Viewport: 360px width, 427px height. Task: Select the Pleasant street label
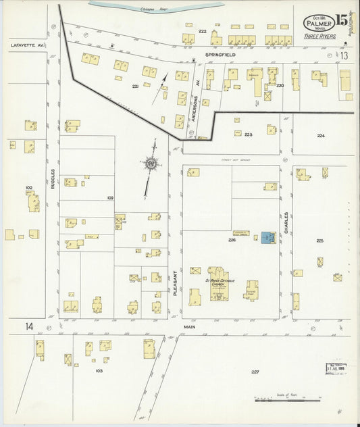[174, 282]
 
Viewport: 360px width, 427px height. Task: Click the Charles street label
[286, 225]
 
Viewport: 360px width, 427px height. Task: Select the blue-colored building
[268, 237]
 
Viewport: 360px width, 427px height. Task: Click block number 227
[255, 373]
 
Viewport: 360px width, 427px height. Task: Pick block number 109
[110, 197]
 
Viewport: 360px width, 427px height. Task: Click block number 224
[320, 136]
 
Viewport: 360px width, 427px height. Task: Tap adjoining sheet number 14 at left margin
[29, 326]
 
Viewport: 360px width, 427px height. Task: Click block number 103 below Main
[99, 371]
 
